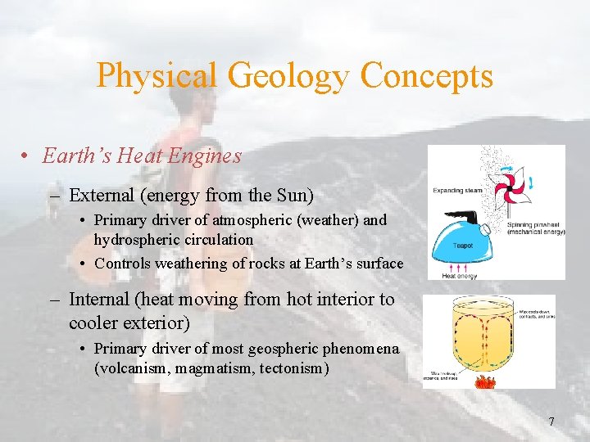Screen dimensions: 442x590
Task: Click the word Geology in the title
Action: (289, 76)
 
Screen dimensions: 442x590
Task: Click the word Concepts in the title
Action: (427, 76)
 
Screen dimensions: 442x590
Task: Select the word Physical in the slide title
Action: (157, 76)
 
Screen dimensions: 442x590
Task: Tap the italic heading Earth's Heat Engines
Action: (142, 156)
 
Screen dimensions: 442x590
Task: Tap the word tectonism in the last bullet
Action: (293, 368)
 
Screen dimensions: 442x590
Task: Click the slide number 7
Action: (551, 422)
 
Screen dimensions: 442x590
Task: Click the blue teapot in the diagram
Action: (462, 240)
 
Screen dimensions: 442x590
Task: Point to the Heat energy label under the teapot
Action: (460, 276)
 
